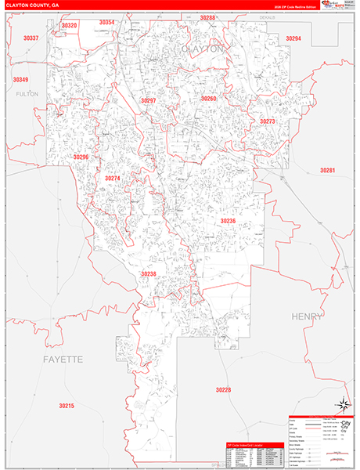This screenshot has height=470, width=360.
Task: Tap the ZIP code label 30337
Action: click(x=31, y=38)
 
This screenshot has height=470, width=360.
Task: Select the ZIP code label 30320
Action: click(x=70, y=26)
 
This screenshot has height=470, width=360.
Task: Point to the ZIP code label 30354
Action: click(x=106, y=23)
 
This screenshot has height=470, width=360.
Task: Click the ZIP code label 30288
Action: click(x=207, y=17)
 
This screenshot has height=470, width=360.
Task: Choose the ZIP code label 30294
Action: click(x=293, y=38)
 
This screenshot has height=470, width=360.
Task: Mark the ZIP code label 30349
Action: click(x=20, y=80)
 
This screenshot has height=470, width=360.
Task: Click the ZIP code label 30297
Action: click(x=149, y=101)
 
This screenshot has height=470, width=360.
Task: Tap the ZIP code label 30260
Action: click(x=209, y=99)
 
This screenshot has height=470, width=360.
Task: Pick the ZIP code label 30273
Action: click(x=268, y=121)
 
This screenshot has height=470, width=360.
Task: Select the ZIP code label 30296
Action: click(x=81, y=157)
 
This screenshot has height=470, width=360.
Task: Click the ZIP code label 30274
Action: click(x=113, y=179)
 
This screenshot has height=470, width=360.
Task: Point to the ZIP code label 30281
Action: click(x=327, y=170)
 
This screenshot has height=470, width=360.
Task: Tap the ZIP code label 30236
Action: click(x=227, y=221)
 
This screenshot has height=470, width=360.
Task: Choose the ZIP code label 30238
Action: click(x=149, y=273)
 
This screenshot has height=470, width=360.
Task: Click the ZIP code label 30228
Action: click(x=224, y=389)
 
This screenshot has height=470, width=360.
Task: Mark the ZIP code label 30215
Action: click(x=66, y=405)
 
